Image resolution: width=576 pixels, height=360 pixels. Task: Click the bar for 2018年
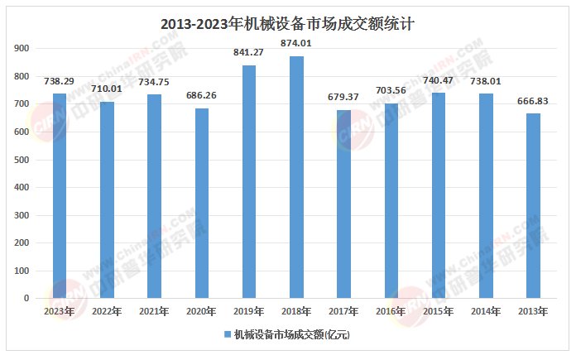(296, 177)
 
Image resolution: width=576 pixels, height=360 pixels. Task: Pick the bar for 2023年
(60, 195)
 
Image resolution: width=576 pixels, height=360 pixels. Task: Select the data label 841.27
(249, 53)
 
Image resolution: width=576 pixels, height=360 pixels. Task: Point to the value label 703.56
(391, 91)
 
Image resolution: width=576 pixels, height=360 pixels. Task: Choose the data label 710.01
(107, 89)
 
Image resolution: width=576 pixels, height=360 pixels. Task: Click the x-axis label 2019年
(249, 311)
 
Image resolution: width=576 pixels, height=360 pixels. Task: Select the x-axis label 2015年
(439, 311)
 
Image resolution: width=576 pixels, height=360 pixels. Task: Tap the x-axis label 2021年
(154, 311)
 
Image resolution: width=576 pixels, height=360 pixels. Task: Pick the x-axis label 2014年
(486, 311)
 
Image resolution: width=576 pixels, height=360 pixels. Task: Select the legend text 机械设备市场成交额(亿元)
(291, 335)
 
